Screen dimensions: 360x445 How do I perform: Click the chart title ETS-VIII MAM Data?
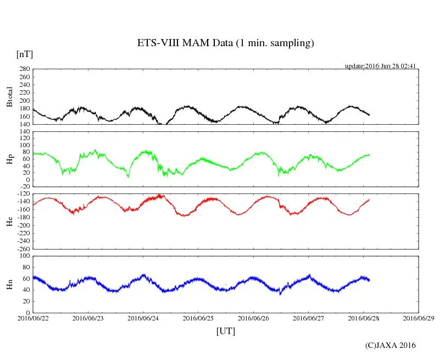tap(225, 43)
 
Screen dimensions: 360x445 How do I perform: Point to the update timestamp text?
tap(380, 66)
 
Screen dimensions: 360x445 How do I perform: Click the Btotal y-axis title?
tap(9, 97)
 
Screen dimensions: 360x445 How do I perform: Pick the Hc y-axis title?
tap(9, 221)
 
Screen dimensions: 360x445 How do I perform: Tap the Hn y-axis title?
tap(9, 284)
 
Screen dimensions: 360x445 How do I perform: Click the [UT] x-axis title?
tap(225, 331)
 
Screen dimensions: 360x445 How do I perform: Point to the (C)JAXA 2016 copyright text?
tap(390, 345)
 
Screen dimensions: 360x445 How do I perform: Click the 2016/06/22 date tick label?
tap(33, 318)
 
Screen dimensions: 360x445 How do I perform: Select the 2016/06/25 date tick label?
tap(198, 318)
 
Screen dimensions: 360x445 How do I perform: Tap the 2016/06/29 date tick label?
tap(419, 318)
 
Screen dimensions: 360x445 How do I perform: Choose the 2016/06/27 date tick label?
tap(308, 318)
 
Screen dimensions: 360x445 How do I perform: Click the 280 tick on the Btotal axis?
tap(24, 69)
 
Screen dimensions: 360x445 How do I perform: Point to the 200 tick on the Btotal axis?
tap(24, 101)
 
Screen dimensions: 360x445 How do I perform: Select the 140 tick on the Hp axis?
tap(24, 132)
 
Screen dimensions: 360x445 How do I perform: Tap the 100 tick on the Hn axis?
tap(24, 256)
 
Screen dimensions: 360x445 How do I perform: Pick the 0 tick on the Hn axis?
tap(27, 313)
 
